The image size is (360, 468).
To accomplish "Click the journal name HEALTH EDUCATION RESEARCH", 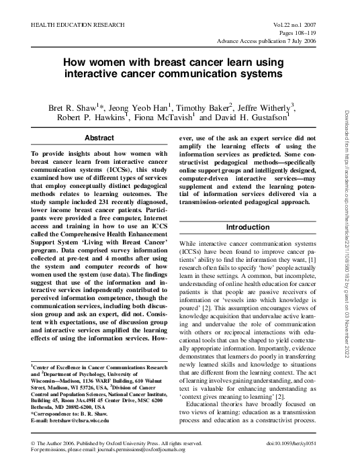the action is coord(75,24).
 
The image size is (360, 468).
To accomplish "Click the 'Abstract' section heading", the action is coord(99,138).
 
